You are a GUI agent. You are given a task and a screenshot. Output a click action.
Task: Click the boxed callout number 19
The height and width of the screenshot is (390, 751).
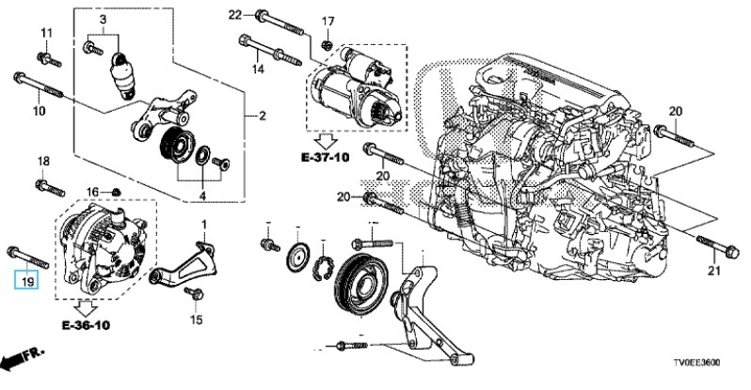click(26, 280)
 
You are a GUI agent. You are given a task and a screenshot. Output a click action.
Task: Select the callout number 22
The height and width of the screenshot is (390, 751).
click(235, 13)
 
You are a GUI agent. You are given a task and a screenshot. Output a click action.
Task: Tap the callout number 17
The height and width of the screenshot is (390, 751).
click(328, 21)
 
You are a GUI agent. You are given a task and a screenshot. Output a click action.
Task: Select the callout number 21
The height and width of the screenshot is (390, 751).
click(712, 273)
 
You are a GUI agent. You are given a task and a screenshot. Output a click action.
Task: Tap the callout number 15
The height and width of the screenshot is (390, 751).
click(196, 320)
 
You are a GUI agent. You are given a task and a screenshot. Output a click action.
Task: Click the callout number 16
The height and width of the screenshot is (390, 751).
click(92, 192)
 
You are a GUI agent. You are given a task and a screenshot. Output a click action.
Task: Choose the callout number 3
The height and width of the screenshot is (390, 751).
click(104, 21)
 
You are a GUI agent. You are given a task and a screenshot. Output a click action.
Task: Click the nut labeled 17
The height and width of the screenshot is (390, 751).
click(326, 43)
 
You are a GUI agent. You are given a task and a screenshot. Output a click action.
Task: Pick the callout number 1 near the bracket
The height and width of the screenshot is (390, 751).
click(202, 226)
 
